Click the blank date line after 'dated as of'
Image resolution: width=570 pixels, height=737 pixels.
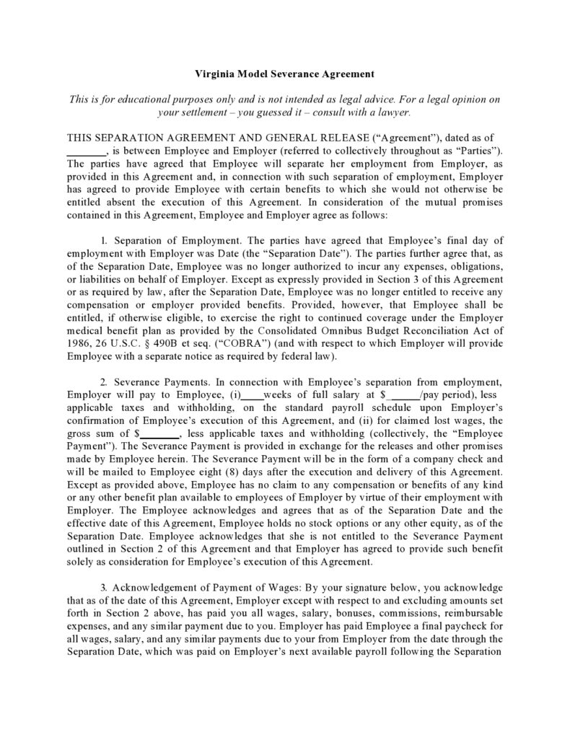[x=85, y=150]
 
